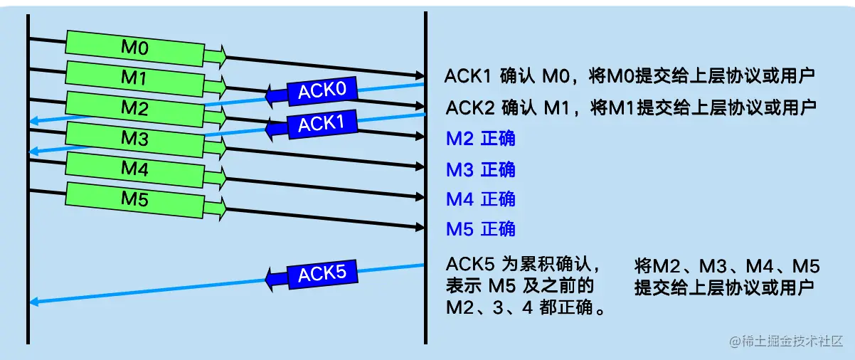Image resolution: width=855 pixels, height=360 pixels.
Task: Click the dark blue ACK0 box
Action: (x=322, y=90)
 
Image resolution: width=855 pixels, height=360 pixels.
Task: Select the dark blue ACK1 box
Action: (x=322, y=123)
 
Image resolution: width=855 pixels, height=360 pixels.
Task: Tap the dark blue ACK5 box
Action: (x=322, y=274)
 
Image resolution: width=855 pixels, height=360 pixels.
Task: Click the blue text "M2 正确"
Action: (x=480, y=138)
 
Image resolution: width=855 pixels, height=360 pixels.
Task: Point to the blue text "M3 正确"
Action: (x=480, y=169)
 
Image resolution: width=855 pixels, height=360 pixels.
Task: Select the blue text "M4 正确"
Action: (x=480, y=199)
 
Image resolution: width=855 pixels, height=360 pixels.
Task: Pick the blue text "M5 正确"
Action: (x=480, y=229)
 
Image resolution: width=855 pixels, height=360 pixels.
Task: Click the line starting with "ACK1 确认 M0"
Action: (x=630, y=76)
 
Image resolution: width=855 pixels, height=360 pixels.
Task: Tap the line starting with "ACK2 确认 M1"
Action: (x=630, y=108)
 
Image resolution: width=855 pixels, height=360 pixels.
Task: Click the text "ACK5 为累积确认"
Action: (x=524, y=265)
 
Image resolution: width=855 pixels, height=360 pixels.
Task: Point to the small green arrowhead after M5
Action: (x=217, y=207)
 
